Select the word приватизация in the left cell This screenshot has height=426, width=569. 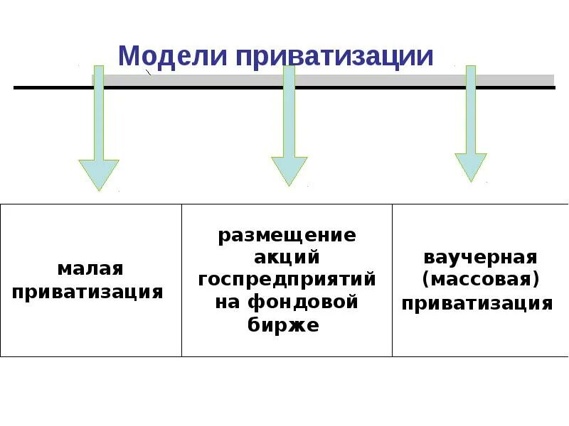click(x=88, y=291)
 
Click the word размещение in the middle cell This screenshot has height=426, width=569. click(x=287, y=234)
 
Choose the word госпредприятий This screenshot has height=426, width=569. click(x=287, y=279)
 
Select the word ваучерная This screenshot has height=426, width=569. click(x=480, y=256)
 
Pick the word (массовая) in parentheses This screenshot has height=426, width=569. click(x=480, y=279)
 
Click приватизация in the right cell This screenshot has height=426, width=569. click(x=477, y=304)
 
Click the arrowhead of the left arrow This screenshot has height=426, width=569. click(x=99, y=173)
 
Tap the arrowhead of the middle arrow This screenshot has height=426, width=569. click(x=289, y=170)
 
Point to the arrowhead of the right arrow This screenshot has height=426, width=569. click(x=471, y=166)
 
